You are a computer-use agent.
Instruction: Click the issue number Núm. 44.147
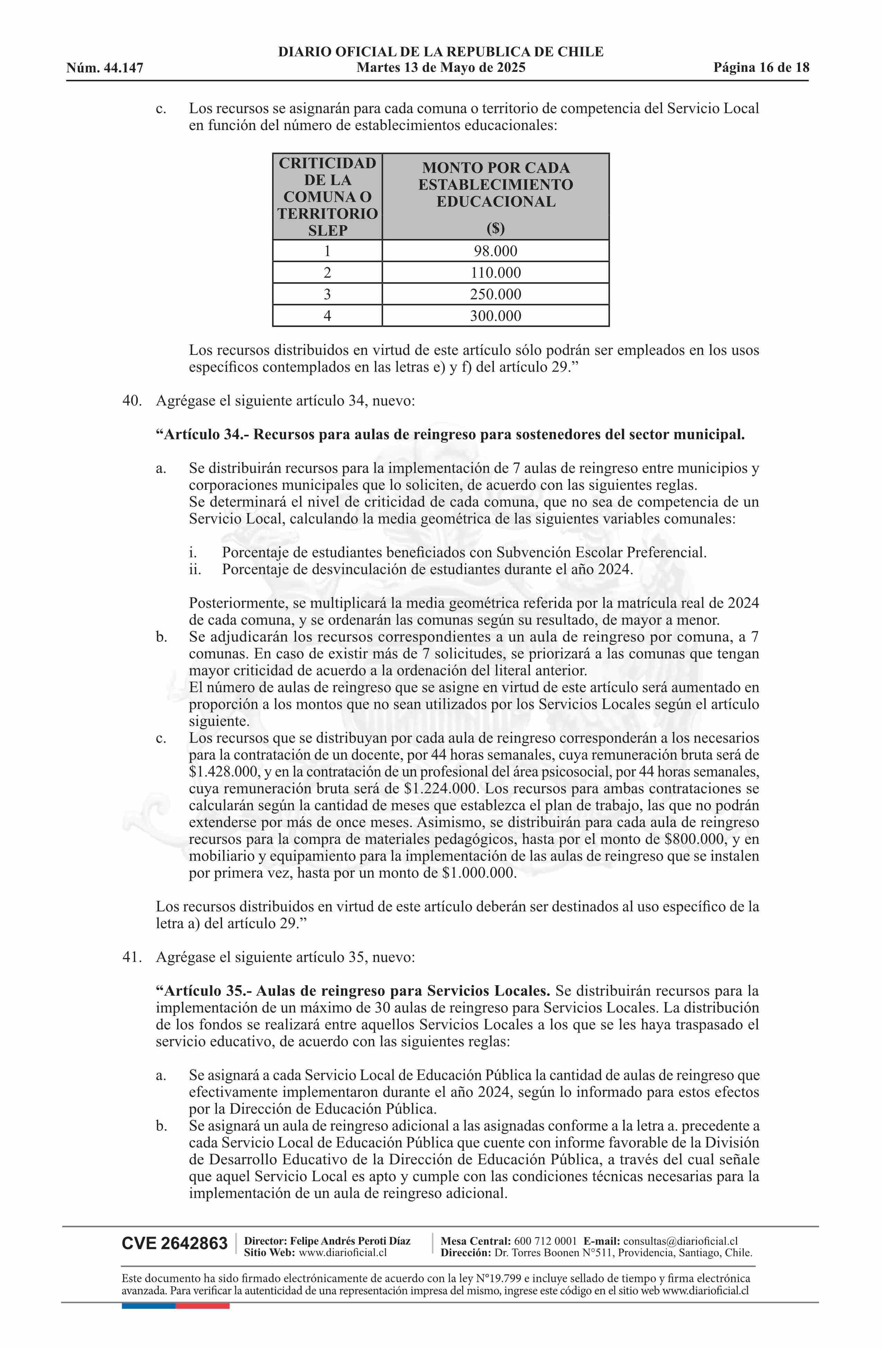pos(105,68)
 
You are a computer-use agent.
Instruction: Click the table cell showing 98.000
pos(495,251)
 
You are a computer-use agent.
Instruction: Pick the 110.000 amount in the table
pos(495,273)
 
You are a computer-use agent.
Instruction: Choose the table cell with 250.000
pos(495,294)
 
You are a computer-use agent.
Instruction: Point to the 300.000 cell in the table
pos(495,316)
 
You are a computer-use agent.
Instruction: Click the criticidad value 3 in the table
pos(327,294)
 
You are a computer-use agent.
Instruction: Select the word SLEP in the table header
pos(328,231)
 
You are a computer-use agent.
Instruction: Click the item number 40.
pos(131,401)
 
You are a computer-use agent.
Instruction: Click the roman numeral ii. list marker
pos(195,569)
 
